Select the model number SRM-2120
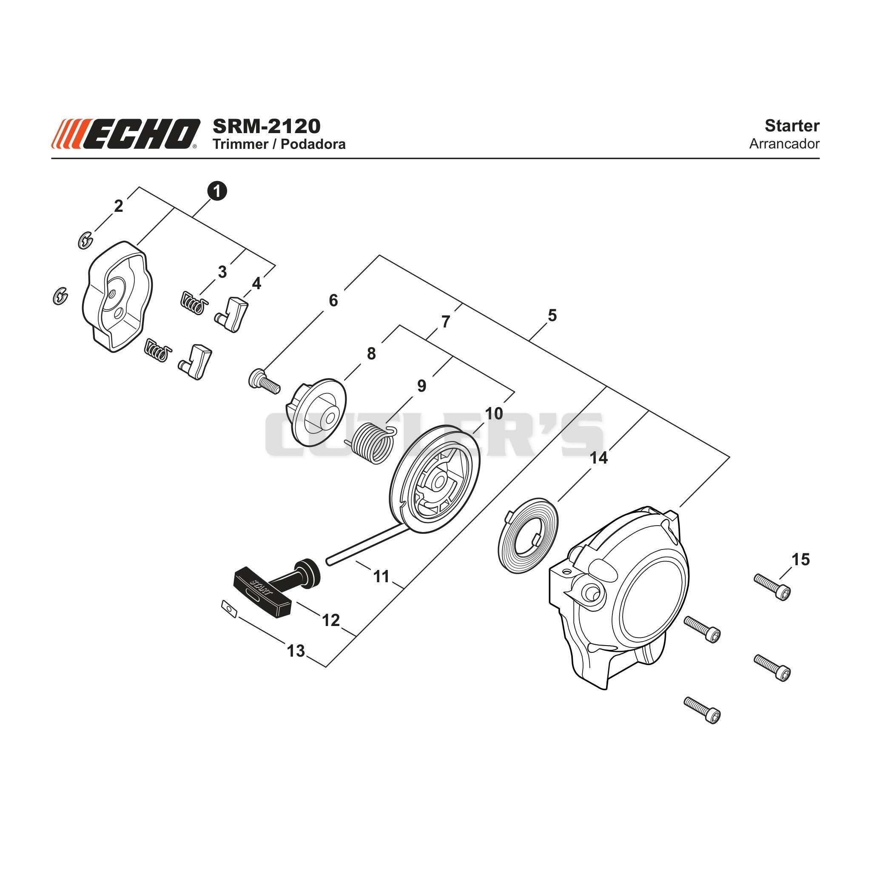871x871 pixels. coord(266,126)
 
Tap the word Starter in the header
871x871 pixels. coord(792,126)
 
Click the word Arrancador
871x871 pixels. coord(784,144)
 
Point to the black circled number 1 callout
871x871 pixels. coord(217,191)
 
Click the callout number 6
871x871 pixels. coord(333,300)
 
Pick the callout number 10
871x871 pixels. coord(494,413)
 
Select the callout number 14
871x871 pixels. coord(599,458)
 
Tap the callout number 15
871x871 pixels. coord(801,560)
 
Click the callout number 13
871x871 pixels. coord(296,651)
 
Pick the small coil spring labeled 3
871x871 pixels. coord(194,302)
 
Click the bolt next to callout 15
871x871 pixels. coord(772,587)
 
